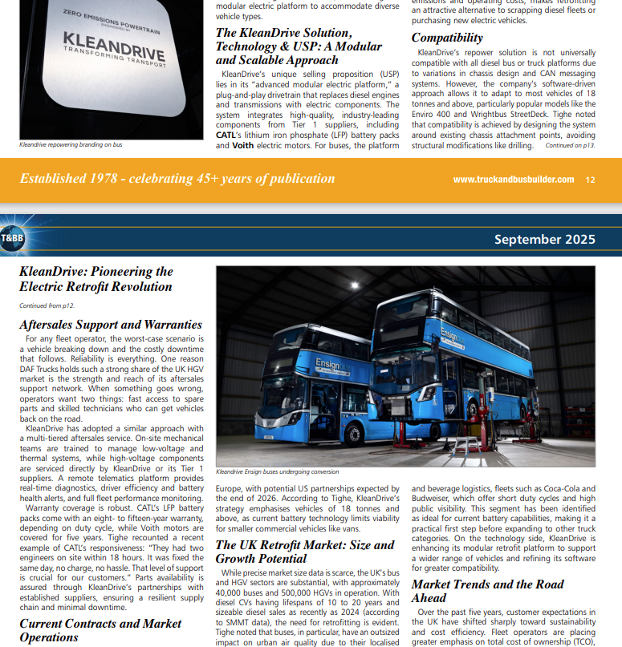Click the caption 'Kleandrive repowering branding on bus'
coord(71,145)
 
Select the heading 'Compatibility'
coord(447,38)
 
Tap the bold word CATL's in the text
coord(229,135)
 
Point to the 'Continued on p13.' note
coord(570,145)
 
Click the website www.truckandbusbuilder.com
coord(513,180)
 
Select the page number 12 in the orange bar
coord(590,180)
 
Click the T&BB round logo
coord(11,238)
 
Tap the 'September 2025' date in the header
coord(544,239)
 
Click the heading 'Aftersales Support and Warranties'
coord(110,325)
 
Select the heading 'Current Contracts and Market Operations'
coord(100,630)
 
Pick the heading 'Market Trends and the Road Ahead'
coord(487,591)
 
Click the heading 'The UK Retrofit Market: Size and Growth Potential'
coord(305,552)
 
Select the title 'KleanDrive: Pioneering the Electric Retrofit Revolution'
coord(96,279)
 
